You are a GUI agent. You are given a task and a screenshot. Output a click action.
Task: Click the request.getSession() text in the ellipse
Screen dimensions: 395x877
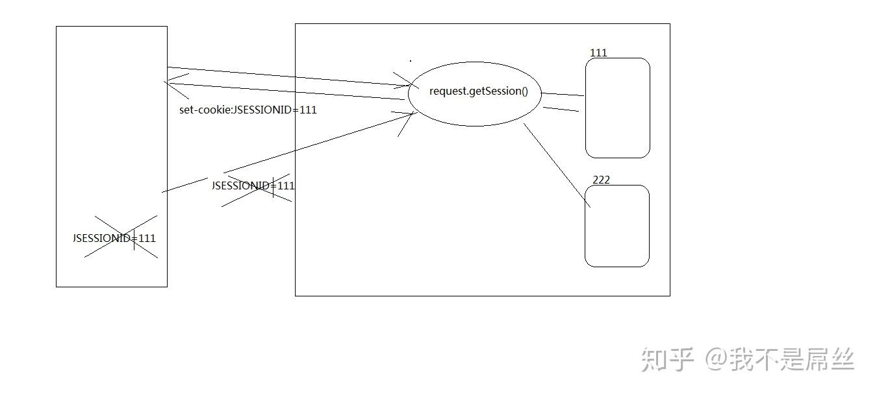(478, 91)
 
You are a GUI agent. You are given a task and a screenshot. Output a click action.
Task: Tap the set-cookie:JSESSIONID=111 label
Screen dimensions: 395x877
(248, 110)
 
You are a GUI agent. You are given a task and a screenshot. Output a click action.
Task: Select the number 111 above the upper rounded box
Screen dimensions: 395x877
(598, 53)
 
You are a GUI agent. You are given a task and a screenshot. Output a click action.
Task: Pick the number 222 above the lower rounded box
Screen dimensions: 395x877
(601, 180)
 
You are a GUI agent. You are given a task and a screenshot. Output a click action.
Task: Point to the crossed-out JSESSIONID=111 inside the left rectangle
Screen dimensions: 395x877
(114, 238)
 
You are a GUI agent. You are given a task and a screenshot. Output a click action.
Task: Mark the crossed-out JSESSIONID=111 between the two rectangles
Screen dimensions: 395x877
(253, 186)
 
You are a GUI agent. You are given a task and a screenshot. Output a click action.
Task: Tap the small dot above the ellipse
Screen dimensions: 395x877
(410, 61)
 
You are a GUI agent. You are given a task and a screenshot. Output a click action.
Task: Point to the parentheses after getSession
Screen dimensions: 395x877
(524, 91)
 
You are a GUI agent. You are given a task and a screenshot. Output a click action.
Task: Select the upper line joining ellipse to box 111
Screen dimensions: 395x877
(563, 95)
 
